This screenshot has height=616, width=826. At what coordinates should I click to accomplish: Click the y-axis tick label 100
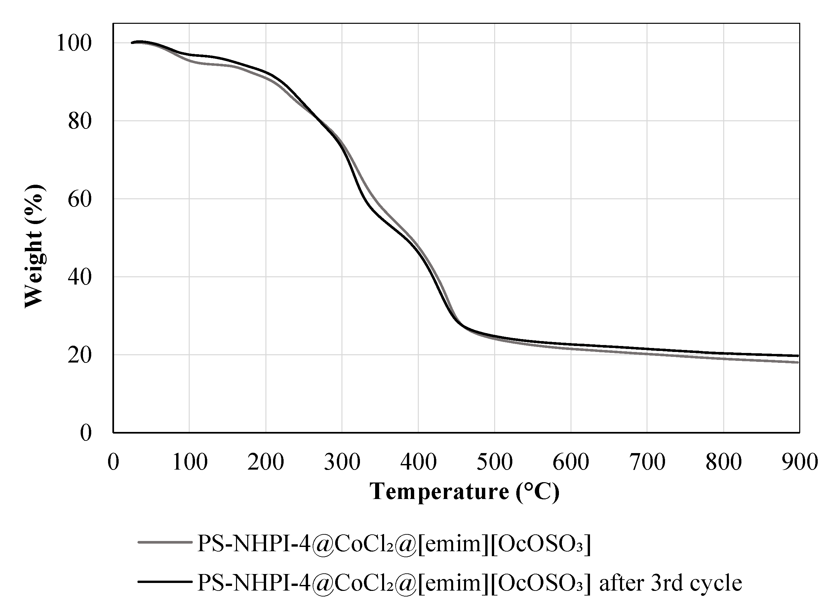point(73,43)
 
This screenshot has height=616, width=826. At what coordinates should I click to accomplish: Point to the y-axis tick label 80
point(79,122)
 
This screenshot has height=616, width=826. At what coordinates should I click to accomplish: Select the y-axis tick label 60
point(79,200)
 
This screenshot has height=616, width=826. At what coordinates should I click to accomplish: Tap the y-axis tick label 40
point(79,277)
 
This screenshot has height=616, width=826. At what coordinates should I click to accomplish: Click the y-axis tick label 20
point(79,355)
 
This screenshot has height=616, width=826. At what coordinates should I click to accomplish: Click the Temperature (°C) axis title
point(464,491)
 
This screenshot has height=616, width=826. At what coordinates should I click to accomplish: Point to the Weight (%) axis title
point(34,246)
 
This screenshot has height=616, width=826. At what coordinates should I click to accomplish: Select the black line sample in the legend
point(165,581)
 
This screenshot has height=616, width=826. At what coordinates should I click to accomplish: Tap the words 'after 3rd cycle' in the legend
point(670,582)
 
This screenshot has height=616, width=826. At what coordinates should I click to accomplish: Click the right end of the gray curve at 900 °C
point(798,362)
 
